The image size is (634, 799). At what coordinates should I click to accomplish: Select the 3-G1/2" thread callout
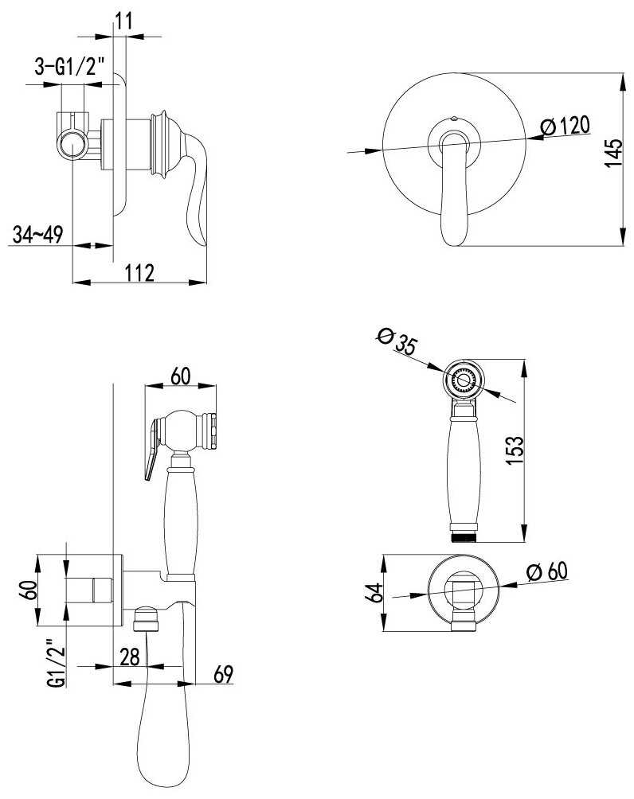[69, 66]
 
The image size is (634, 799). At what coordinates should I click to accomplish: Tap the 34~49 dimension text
[37, 235]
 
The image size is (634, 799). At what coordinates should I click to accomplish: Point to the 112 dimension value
[139, 273]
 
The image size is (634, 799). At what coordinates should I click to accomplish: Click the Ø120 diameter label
[566, 126]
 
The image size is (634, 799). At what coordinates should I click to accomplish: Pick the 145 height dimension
[613, 152]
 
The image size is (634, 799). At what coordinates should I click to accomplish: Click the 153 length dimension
[515, 450]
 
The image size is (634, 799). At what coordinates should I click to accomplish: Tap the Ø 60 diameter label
[547, 572]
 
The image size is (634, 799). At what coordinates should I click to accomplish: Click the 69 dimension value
[223, 674]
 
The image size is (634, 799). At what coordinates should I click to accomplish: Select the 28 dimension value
[130, 657]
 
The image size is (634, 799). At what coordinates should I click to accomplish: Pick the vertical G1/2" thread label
[58, 663]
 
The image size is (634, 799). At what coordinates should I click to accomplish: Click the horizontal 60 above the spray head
[180, 376]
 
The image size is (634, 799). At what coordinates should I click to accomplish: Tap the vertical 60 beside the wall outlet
[30, 590]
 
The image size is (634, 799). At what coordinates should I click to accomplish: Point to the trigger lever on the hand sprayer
[152, 448]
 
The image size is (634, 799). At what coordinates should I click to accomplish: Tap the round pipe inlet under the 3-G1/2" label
[73, 145]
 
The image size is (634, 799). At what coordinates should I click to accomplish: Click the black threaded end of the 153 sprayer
[463, 538]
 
